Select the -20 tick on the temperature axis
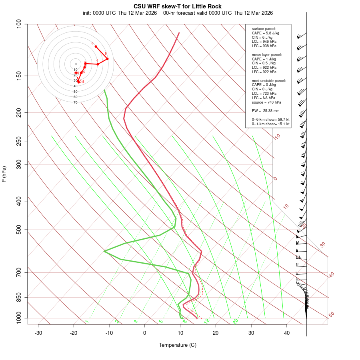[x=74, y=333]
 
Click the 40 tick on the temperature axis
[x=287, y=333]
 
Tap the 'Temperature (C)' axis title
[x=178, y=345]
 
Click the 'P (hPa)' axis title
[x=4, y=174]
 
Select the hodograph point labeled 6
[x=96, y=46]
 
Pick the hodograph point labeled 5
[x=107, y=59]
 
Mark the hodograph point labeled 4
[x=98, y=64]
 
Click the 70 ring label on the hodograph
[x=75, y=102]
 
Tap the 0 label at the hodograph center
[x=75, y=64]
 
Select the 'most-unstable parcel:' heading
[x=269, y=81]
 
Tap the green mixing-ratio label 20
[x=235, y=321]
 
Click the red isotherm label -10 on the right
[x=277, y=137]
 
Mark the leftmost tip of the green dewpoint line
[x=104, y=251]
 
